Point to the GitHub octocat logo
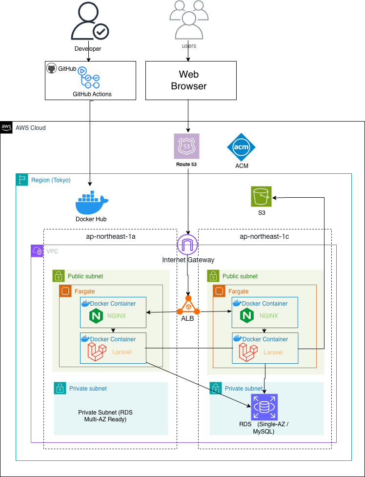click(x=52, y=68)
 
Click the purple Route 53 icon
click(x=187, y=145)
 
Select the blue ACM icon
click(x=241, y=147)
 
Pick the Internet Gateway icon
click(x=188, y=245)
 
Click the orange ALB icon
click(x=188, y=306)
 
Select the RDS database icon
click(x=264, y=407)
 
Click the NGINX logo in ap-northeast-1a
click(x=94, y=316)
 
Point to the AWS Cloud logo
click(x=6, y=127)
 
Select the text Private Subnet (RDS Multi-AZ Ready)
click(x=105, y=416)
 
